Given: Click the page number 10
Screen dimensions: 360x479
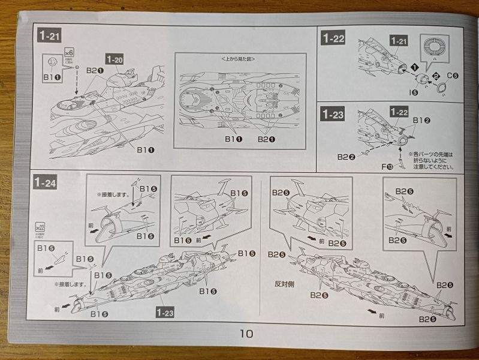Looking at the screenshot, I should point(246,334).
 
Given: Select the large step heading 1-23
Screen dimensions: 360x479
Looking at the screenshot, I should point(333,113).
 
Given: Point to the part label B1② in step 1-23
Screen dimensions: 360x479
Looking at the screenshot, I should point(421,120).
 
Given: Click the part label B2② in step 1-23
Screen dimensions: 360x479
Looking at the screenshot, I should point(346,157).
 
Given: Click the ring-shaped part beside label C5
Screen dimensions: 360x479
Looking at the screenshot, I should point(441,88).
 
